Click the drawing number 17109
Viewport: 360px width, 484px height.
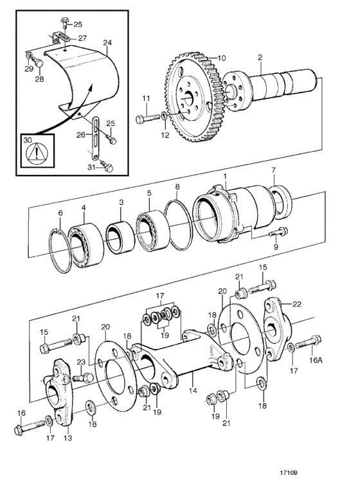pos(289,472)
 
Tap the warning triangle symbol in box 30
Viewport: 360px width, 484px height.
pos(37,153)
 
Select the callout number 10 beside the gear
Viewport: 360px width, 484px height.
pos(222,58)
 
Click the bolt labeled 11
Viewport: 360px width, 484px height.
pos(148,118)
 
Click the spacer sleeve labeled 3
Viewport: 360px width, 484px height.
pos(120,237)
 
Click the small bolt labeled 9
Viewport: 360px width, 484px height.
pos(278,231)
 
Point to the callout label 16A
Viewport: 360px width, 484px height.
pos(315,360)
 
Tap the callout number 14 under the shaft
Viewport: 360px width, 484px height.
pos(193,390)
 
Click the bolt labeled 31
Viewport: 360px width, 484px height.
pos(106,166)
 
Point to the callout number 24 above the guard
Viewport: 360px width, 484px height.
pos(107,42)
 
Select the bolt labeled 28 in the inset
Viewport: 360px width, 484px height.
pos(37,62)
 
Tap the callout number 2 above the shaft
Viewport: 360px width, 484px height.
pos(260,57)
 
